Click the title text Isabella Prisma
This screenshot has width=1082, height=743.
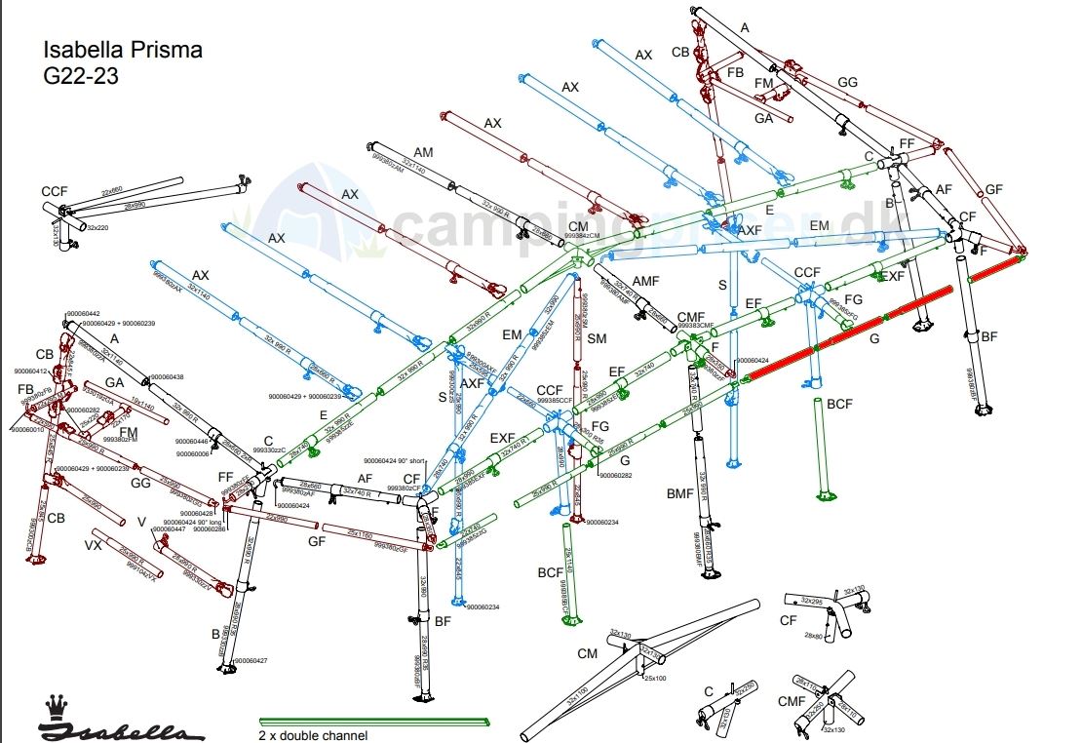tap(123, 51)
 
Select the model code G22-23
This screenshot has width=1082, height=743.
tap(81, 76)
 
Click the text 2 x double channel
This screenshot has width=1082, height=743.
tap(313, 735)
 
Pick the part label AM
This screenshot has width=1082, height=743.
tap(423, 153)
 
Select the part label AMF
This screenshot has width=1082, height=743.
tap(645, 281)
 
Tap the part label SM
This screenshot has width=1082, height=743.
tap(598, 338)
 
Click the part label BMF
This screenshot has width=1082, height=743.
tap(678, 493)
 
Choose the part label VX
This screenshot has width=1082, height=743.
tap(94, 544)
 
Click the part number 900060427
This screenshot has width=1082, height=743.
tap(251, 661)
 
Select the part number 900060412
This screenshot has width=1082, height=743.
tap(31, 371)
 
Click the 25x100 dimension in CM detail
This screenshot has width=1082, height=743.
tap(654, 678)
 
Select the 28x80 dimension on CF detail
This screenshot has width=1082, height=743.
tap(814, 635)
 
